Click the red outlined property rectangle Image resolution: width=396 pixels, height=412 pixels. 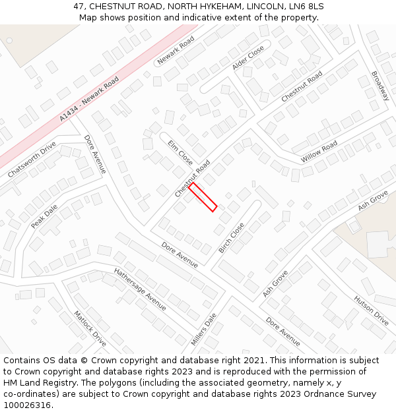(203, 198)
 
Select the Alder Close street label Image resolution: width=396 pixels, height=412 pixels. (248, 58)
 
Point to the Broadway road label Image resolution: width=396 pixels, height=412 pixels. (380, 86)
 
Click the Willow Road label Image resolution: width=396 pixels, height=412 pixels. (319, 152)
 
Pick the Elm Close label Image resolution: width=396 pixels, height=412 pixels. (180, 152)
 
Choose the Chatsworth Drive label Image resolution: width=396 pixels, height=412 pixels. (32, 160)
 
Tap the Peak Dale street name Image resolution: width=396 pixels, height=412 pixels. (44, 216)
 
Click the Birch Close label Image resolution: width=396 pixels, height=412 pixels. (231, 238)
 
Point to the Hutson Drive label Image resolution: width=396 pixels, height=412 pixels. (372, 309)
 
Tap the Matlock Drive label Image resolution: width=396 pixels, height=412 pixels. (90, 329)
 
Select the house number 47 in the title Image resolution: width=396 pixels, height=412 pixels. (79, 6)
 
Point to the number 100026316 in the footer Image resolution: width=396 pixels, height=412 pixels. (26, 405)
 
